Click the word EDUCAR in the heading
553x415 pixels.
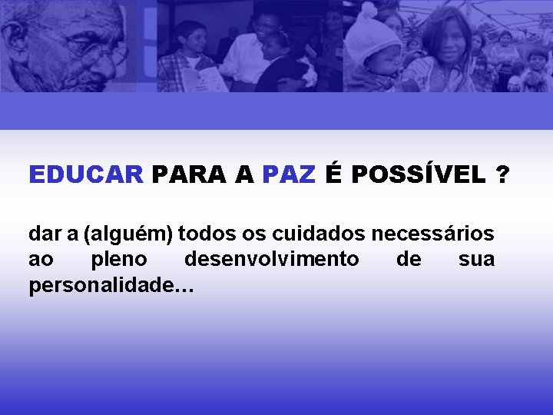tap(85, 175)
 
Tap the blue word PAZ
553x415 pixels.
tap(288, 175)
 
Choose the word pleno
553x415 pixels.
tap(118, 260)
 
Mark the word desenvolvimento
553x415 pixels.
tap(271, 260)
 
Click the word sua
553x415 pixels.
tap(476, 260)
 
